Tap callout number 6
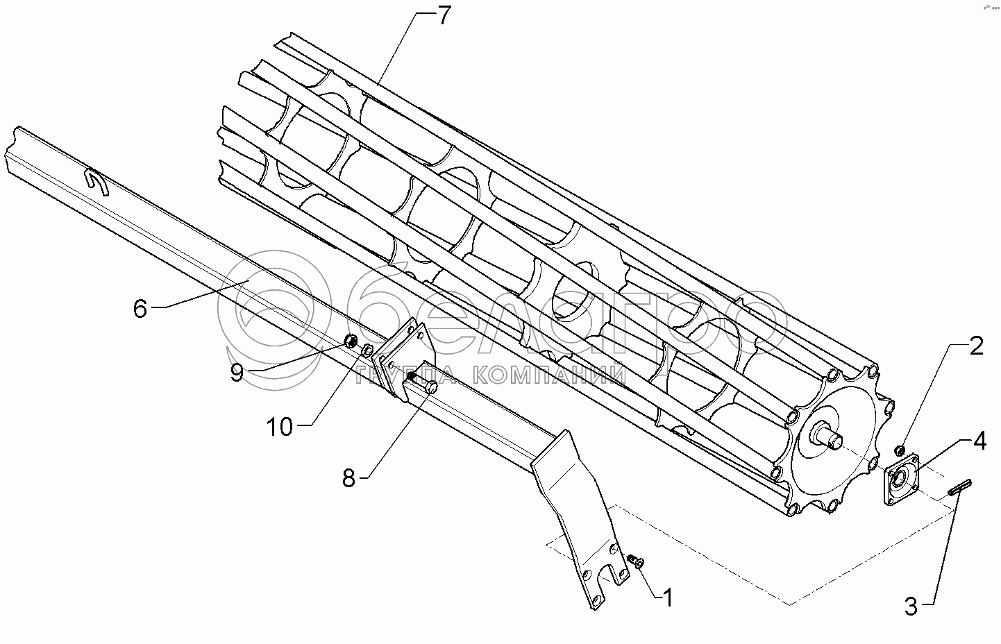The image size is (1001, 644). point(140,308)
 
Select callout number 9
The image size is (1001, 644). point(237,373)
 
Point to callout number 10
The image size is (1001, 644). point(280,427)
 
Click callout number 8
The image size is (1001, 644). point(349,477)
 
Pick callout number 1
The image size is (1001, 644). point(667,597)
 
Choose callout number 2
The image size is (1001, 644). point(976,346)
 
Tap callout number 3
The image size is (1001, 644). point(911,607)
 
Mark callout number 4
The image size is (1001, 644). point(979,441)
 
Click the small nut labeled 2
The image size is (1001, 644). point(900,449)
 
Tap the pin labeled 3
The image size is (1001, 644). point(961,489)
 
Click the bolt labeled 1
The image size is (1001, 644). point(634,561)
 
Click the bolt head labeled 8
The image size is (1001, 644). point(430,388)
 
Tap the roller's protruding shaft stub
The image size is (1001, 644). point(831,437)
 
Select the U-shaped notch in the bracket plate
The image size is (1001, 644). point(614,571)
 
